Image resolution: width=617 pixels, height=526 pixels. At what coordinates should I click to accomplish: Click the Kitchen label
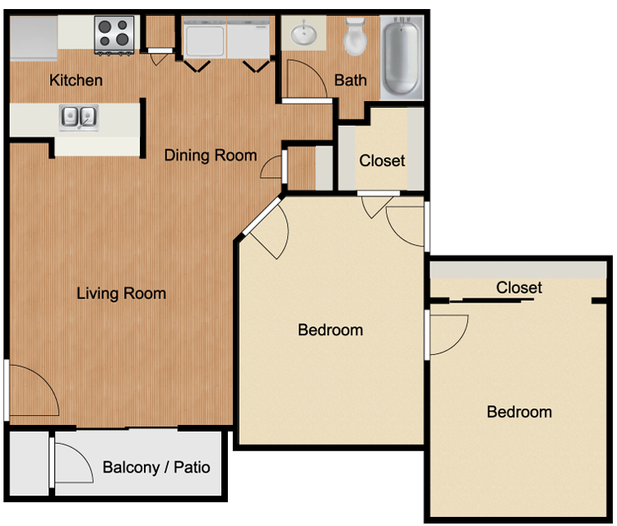pos(76,81)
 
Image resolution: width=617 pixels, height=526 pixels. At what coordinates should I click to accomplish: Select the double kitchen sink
pos(79,118)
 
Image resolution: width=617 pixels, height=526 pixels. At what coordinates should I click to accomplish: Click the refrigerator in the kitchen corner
pos(34,38)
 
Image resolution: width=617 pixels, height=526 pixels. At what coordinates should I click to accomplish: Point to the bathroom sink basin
pos(303,32)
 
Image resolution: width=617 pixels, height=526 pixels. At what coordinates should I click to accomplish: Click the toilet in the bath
pos(355,36)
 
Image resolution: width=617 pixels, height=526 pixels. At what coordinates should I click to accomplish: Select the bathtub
pos(401,57)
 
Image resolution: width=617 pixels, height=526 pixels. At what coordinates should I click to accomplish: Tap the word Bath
pos(350,81)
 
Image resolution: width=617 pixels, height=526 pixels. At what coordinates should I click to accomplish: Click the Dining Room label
pos(211,155)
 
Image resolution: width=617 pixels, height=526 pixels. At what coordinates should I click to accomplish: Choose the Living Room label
pos(121,293)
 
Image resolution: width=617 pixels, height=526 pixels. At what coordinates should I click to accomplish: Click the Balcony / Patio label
pos(156,468)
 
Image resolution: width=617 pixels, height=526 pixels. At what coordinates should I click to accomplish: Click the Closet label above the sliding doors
pos(519,288)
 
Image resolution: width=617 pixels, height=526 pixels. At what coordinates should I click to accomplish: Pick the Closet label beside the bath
pos(382,161)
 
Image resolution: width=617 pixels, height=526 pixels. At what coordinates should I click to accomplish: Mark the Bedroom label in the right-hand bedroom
pos(519,412)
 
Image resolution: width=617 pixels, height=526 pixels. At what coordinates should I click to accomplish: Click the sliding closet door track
pos(491,301)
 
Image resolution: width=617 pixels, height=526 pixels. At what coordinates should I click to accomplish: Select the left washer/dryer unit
pos(205,38)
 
